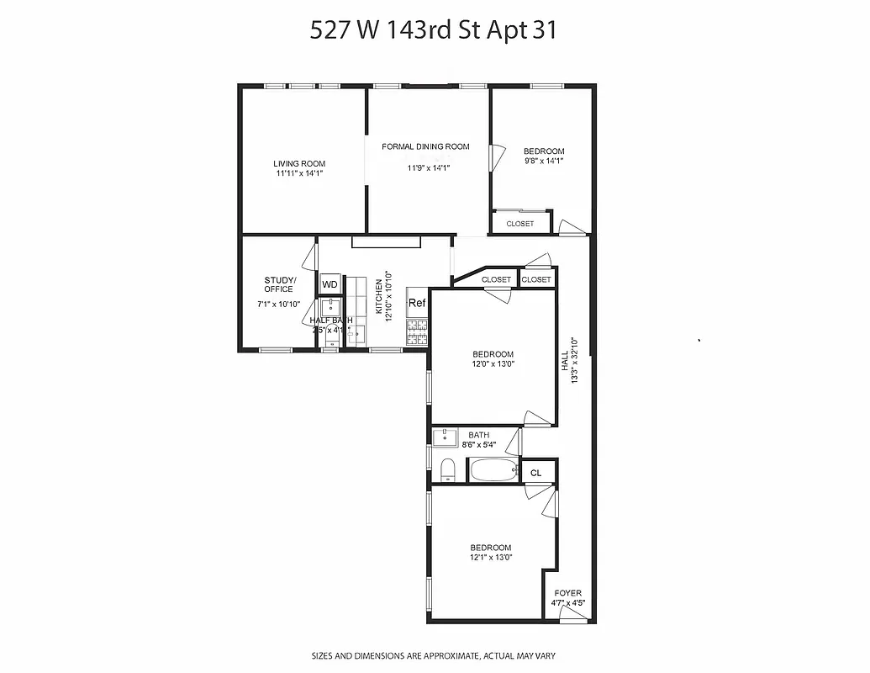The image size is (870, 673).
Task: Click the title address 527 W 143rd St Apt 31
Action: tap(434, 31)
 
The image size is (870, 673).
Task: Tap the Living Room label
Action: tap(299, 164)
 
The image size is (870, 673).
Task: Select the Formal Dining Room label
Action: tap(425, 146)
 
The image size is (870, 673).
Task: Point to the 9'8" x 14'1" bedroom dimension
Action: tap(544, 161)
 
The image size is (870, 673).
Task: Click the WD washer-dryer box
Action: tap(330, 284)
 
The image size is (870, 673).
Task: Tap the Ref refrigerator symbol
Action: tap(417, 303)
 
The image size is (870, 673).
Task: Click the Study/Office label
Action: tap(279, 284)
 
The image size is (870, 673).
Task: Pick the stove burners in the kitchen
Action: tap(417, 333)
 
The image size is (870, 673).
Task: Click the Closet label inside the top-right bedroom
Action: tap(520, 224)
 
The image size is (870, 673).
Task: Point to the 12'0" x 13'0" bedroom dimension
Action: tap(493, 364)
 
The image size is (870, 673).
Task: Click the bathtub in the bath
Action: tap(493, 470)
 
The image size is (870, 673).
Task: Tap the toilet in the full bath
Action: tap(447, 469)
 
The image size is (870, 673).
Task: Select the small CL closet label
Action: tap(536, 473)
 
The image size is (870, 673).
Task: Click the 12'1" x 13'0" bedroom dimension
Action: tap(491, 557)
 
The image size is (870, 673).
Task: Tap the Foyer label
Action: tap(567, 593)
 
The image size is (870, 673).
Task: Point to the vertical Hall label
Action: tap(566, 363)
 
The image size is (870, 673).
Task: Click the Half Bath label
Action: tap(331, 321)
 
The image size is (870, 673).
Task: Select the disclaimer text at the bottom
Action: tap(434, 655)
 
